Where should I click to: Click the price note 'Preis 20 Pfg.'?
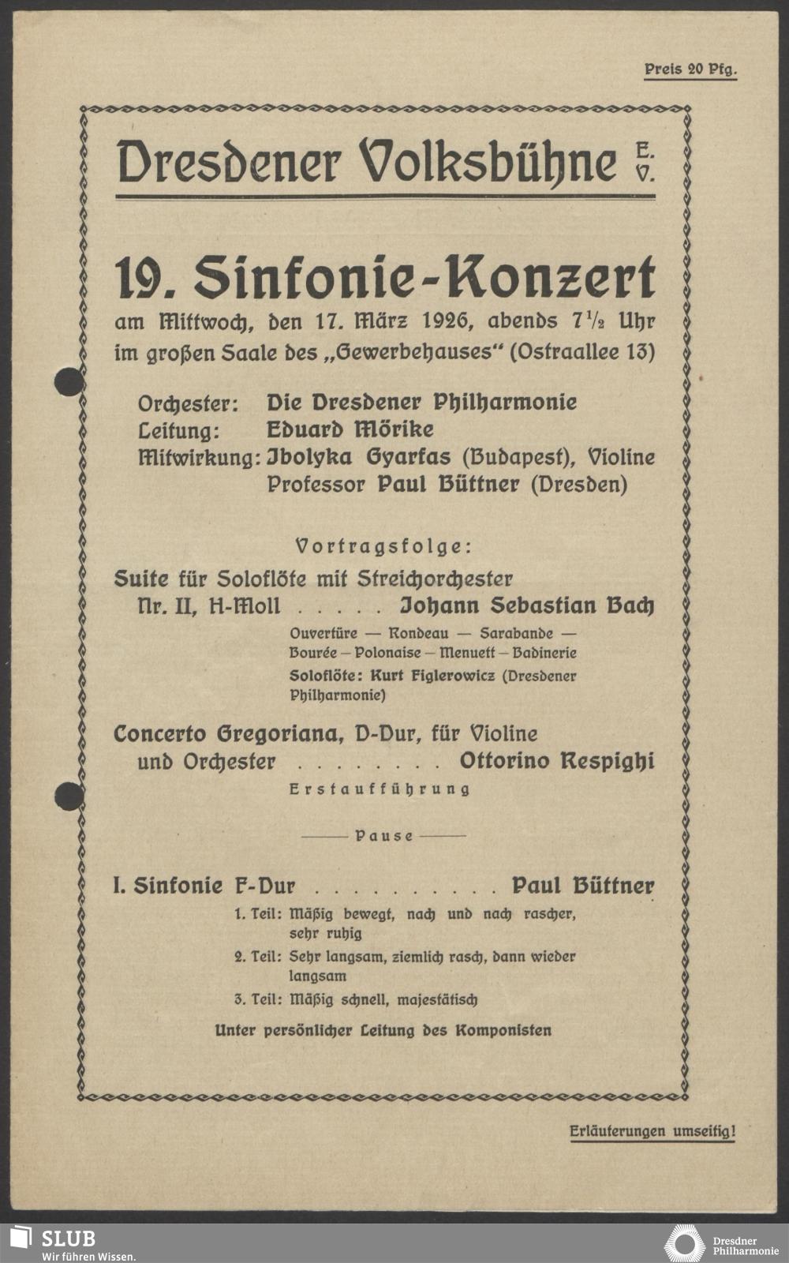point(690,69)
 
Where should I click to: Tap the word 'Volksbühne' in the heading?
point(488,162)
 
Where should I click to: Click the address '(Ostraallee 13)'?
point(582,351)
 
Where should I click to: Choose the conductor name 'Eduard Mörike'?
point(350,429)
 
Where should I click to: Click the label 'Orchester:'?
point(188,403)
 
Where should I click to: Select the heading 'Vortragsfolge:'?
point(383,546)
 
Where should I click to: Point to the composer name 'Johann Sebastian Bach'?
point(527,606)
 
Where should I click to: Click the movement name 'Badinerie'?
point(544,653)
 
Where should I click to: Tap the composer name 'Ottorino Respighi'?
point(556,762)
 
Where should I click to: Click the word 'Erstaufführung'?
point(380,789)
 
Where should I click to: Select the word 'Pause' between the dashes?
point(384,836)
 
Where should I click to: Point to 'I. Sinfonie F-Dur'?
point(204,886)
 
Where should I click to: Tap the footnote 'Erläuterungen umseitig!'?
point(652,1132)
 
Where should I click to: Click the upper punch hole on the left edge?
point(69,382)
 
